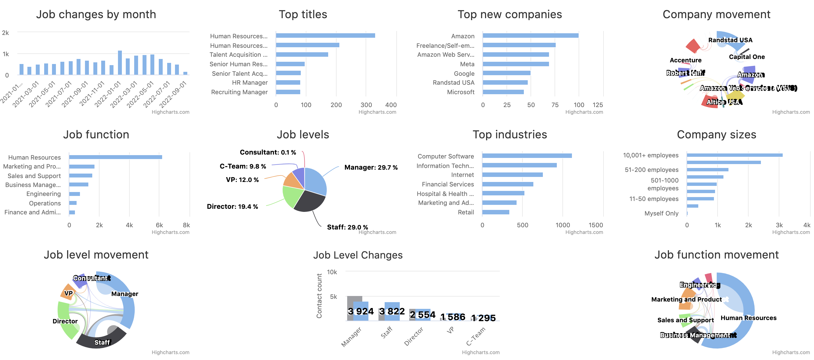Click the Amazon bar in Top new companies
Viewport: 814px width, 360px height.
[x=530, y=36]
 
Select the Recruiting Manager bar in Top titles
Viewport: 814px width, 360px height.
[x=288, y=92]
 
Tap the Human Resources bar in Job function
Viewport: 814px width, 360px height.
[x=115, y=157]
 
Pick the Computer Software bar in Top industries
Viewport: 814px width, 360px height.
[x=527, y=156]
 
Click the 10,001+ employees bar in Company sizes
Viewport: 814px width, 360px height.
[x=734, y=155]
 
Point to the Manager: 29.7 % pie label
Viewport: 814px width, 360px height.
[x=371, y=167]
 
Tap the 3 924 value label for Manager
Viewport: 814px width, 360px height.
[x=361, y=311]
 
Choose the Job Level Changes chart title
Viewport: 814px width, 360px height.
[x=358, y=255]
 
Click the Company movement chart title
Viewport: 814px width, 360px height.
[x=716, y=15]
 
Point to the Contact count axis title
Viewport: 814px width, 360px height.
[x=319, y=296]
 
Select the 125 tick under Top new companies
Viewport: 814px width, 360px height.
[x=598, y=105]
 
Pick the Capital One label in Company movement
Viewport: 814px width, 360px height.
[x=747, y=57]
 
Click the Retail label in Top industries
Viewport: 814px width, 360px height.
[x=466, y=212]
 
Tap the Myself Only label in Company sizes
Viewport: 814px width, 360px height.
[x=661, y=213]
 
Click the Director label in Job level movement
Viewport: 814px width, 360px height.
[x=65, y=321]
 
